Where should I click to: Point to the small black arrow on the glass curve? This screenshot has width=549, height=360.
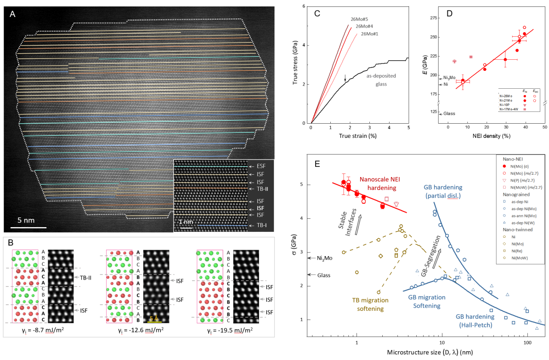point(345,79)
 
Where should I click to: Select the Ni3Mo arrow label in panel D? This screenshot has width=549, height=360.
point(449,78)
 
